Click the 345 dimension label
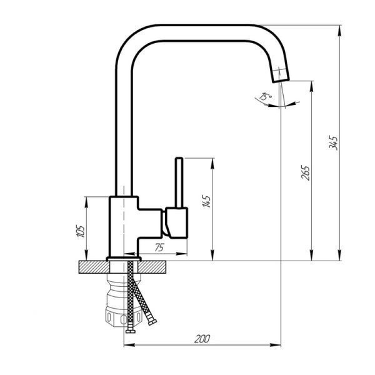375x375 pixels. [333, 142]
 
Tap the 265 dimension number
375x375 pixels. [305, 172]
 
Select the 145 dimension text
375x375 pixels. [206, 201]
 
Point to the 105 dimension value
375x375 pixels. [81, 231]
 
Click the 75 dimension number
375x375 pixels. [159, 247]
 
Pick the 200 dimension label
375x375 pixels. [202, 339]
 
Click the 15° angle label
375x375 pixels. [266, 96]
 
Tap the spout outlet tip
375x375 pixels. [281, 81]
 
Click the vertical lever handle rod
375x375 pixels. [179, 182]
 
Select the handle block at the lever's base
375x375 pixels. [176, 223]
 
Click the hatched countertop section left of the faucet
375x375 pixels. [94, 267]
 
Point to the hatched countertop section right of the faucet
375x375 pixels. [152, 267]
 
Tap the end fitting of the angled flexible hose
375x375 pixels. [152, 322]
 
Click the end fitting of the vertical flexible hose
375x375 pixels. [131, 331]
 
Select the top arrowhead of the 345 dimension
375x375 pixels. [339, 31]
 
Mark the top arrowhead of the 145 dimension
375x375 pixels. [212, 164]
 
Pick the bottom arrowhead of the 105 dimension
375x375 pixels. [86, 255]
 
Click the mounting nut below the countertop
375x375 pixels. [124, 300]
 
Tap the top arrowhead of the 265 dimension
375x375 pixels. [311, 87]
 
